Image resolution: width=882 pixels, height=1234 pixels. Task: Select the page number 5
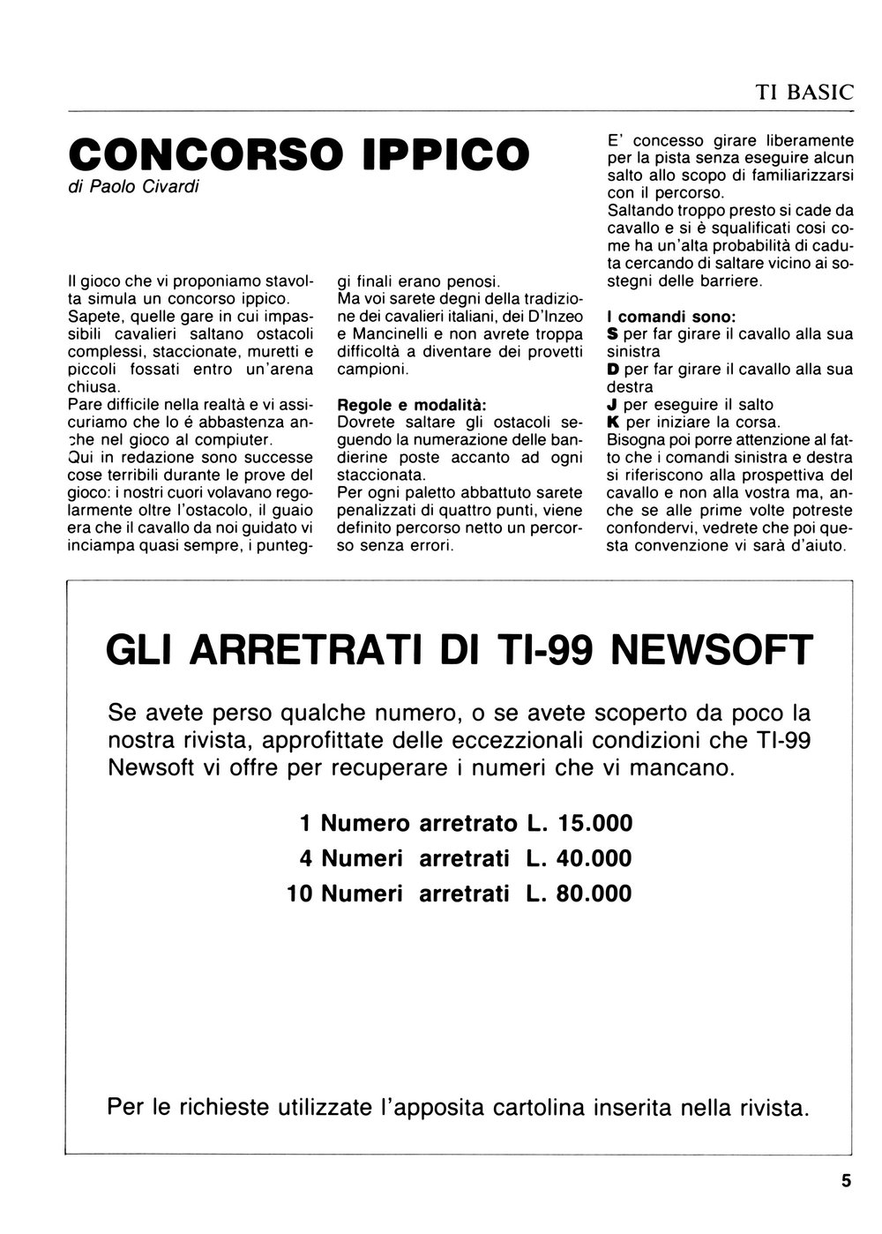[x=847, y=1180]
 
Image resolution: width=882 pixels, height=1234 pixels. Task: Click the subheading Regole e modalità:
[x=411, y=405]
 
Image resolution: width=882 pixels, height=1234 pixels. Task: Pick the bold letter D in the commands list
[x=614, y=370]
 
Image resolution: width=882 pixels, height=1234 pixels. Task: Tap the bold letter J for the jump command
[x=613, y=405]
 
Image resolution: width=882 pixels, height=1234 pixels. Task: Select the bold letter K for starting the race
[x=614, y=423]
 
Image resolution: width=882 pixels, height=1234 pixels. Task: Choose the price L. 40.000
[x=579, y=858]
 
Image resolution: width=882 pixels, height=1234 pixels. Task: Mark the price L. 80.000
[x=579, y=894]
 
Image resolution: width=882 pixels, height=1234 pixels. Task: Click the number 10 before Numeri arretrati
[x=300, y=894]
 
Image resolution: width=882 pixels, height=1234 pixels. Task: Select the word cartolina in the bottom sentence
[x=548, y=1105]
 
